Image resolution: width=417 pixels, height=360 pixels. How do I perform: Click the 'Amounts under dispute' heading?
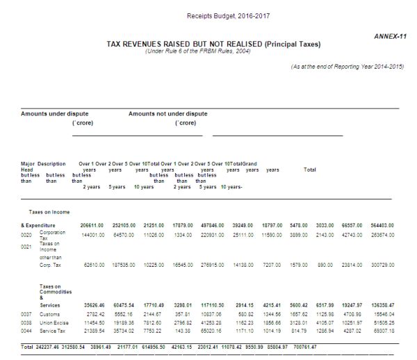(x=54, y=113)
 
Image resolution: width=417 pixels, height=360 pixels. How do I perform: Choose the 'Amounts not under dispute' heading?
(x=167, y=113)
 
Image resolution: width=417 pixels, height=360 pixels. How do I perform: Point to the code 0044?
(x=27, y=332)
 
